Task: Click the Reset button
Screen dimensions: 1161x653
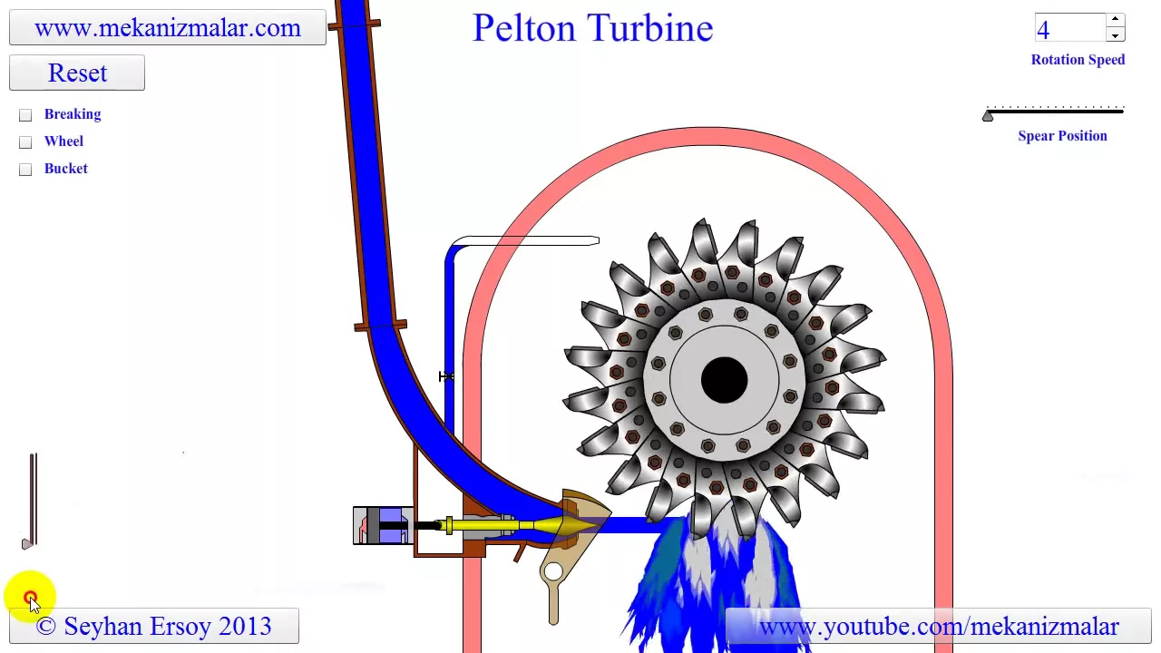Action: pyautogui.click(x=77, y=73)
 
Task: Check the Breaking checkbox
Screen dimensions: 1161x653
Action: pyautogui.click(x=25, y=115)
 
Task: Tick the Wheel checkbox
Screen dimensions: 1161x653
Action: pyautogui.click(x=25, y=142)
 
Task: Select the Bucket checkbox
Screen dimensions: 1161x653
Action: pyautogui.click(x=25, y=170)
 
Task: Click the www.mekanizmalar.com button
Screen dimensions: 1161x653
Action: pyautogui.click(x=168, y=27)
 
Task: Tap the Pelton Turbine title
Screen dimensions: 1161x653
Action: pyautogui.click(x=592, y=28)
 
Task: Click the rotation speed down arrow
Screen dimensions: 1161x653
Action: pyautogui.click(x=1115, y=35)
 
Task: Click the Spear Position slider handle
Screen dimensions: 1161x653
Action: pyautogui.click(x=988, y=115)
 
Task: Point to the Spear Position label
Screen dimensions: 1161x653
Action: pyautogui.click(x=1062, y=136)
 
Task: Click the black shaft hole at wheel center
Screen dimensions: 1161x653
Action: pyautogui.click(x=724, y=379)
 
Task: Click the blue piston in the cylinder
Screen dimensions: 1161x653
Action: pyautogui.click(x=394, y=525)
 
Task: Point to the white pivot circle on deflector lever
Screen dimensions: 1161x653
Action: pyautogui.click(x=553, y=572)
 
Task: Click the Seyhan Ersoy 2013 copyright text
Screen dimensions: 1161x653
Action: pyautogui.click(x=154, y=626)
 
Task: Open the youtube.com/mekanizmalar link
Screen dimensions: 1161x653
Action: pyautogui.click(x=939, y=627)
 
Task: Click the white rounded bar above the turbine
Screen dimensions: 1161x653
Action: pyautogui.click(x=526, y=240)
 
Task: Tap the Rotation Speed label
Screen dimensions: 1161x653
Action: pyautogui.click(x=1078, y=60)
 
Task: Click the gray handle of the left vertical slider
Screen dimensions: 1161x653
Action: pyautogui.click(x=27, y=543)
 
